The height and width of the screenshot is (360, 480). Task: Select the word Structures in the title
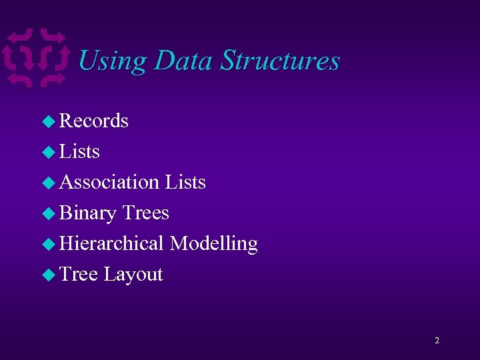click(280, 61)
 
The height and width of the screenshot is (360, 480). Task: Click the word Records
click(94, 121)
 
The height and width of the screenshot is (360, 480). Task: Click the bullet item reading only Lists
click(79, 151)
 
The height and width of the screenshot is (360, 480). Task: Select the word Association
click(109, 182)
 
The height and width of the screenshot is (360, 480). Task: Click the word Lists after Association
click(185, 182)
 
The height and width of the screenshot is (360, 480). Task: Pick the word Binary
click(88, 213)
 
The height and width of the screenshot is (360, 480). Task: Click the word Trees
click(145, 213)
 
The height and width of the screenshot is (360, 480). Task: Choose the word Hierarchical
click(111, 243)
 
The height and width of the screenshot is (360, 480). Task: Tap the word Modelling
click(213, 244)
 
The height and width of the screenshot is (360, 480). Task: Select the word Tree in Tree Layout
click(79, 274)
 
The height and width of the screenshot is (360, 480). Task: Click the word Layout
click(133, 275)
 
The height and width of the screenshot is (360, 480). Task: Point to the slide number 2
click(437, 341)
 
